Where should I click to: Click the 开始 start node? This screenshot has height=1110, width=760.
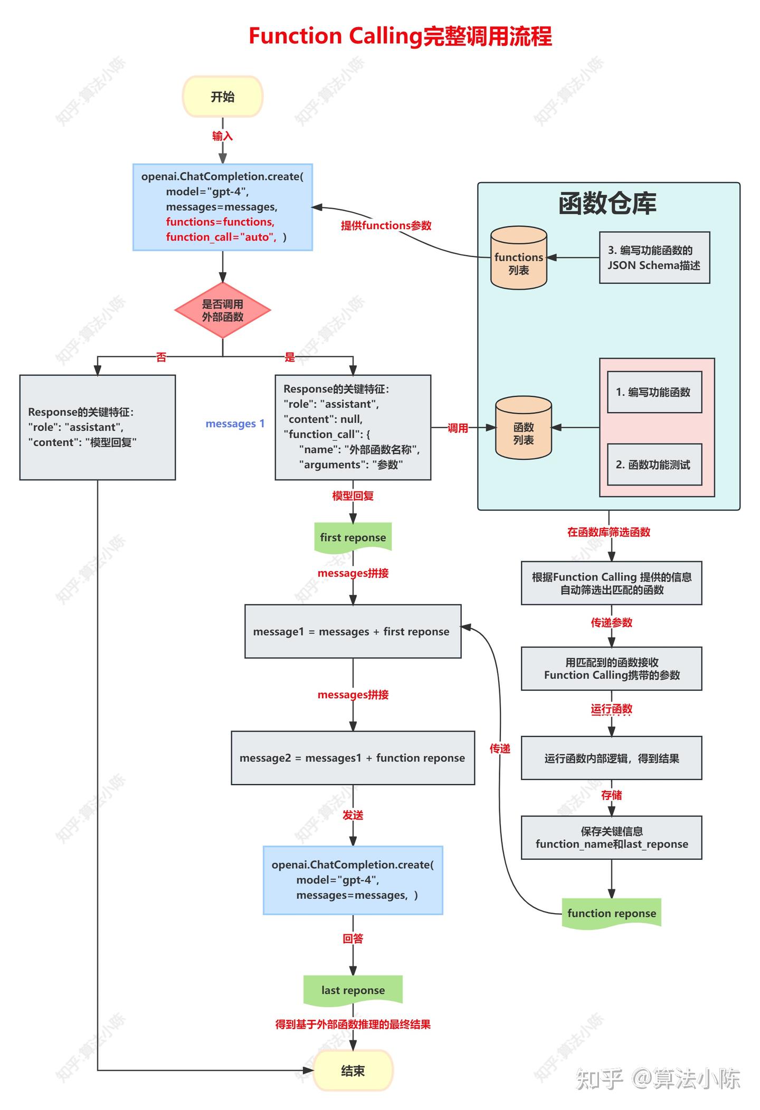tap(222, 97)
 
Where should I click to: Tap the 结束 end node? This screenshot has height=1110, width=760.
tap(353, 1070)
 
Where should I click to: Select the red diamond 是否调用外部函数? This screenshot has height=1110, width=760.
tap(222, 310)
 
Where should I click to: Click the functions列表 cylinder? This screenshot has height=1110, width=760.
tap(518, 259)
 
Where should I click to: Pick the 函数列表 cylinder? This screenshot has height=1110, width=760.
tap(523, 428)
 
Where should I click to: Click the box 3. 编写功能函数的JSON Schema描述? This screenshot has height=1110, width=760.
tap(654, 258)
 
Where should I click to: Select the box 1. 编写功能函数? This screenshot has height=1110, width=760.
tap(654, 392)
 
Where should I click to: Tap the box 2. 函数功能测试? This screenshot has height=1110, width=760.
tap(654, 464)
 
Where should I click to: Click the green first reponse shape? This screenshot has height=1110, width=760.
tap(353, 537)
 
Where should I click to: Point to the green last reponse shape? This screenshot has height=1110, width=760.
tap(353, 990)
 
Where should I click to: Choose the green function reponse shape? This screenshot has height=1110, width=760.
tap(611, 913)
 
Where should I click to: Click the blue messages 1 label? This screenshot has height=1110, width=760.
tap(235, 423)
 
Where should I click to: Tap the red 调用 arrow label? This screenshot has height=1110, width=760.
tap(458, 428)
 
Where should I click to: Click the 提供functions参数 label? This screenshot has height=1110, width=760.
tap(386, 225)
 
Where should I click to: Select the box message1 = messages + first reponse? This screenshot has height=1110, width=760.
tap(353, 631)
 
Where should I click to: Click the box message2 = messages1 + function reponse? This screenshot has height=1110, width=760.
tap(353, 758)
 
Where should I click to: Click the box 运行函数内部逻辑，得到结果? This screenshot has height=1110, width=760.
tap(611, 758)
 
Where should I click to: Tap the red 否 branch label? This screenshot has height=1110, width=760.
tap(161, 357)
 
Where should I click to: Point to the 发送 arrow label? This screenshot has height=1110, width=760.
tap(353, 815)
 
